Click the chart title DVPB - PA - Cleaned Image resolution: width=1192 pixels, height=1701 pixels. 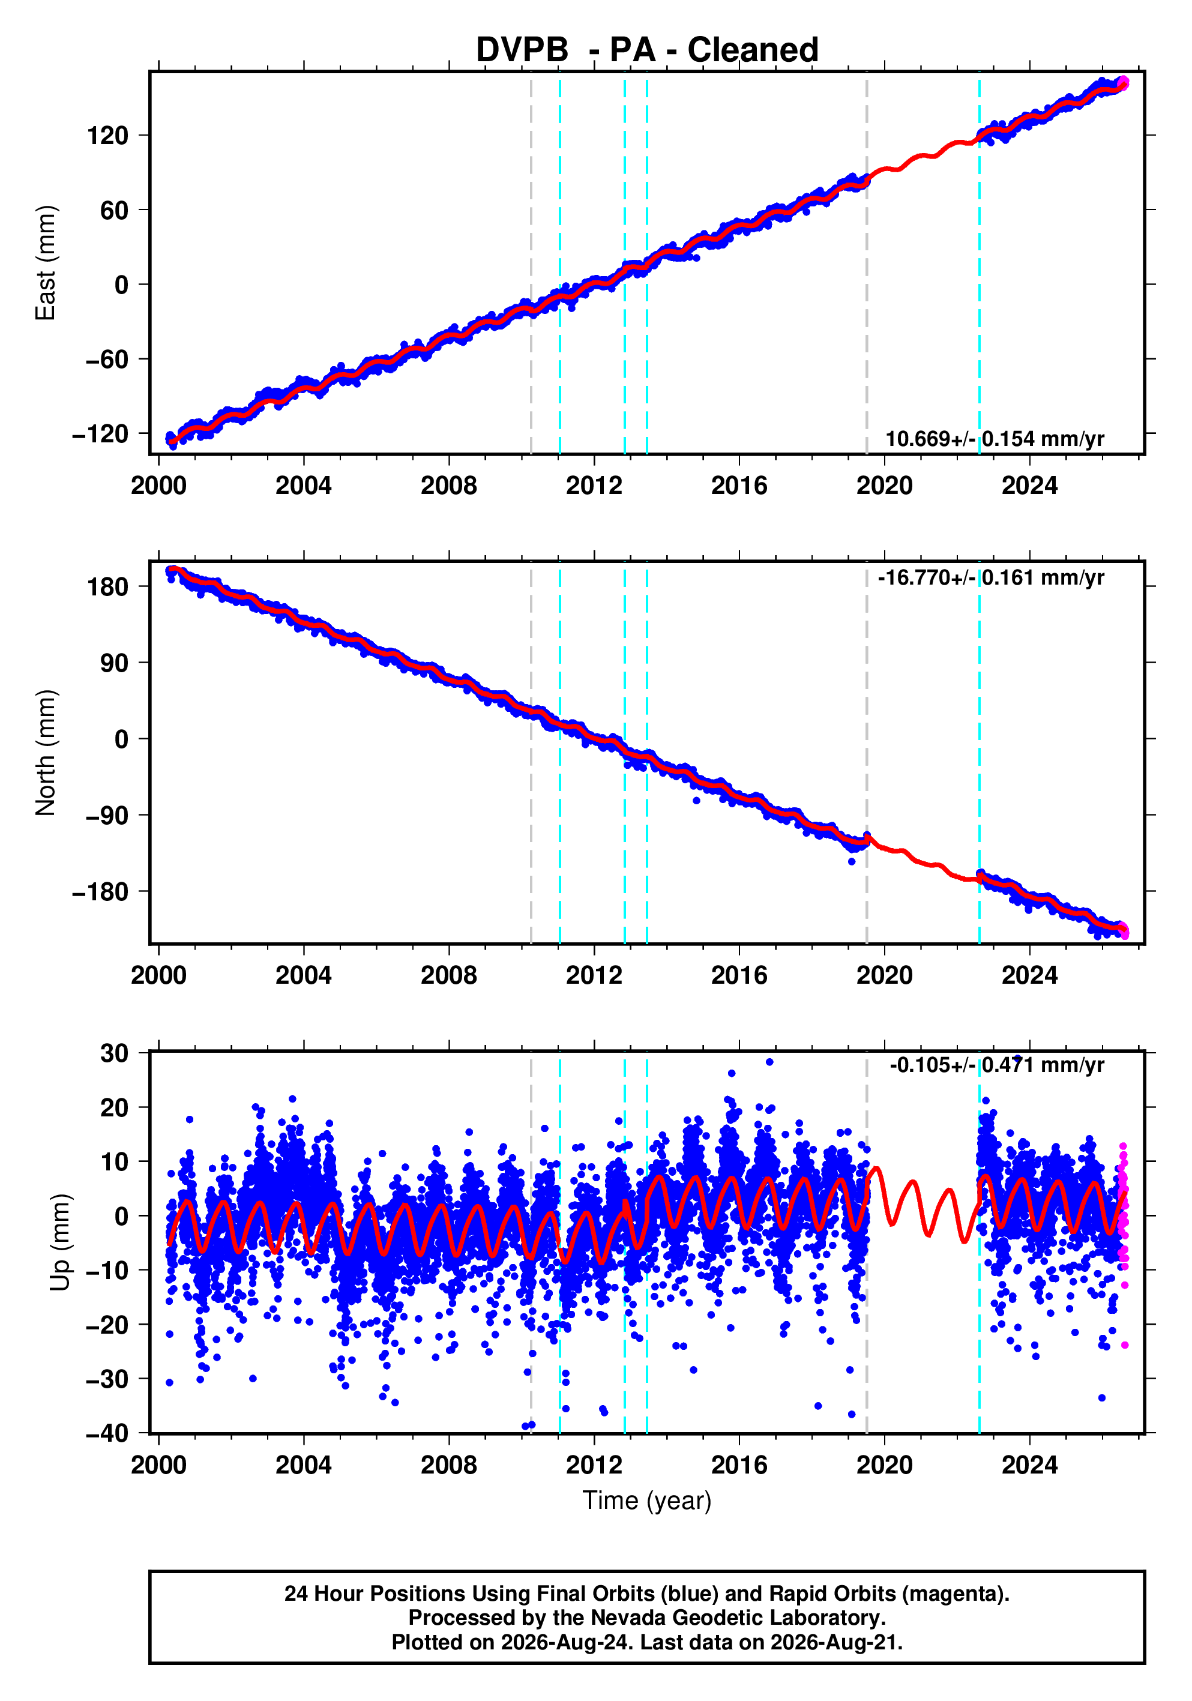[647, 50]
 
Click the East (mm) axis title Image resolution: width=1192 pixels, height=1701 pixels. [45, 263]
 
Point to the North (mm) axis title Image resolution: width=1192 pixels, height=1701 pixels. [45, 753]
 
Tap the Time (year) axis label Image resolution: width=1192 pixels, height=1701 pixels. [647, 1500]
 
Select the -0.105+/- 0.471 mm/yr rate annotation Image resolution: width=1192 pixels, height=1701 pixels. [996, 1065]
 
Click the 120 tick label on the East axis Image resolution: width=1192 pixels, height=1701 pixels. [107, 136]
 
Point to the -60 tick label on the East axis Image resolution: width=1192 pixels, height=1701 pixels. [107, 360]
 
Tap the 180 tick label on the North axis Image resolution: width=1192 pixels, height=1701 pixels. [107, 587]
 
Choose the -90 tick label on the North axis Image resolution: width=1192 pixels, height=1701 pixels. [107, 816]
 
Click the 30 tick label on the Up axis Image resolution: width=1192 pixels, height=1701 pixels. [114, 1053]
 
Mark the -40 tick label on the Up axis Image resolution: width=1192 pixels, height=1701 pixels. [107, 1433]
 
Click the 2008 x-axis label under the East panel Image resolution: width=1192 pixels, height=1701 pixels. [449, 486]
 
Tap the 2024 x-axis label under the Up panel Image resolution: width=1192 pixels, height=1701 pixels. [1030, 1465]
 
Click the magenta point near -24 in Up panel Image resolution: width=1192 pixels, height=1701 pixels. [1125, 1344]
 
